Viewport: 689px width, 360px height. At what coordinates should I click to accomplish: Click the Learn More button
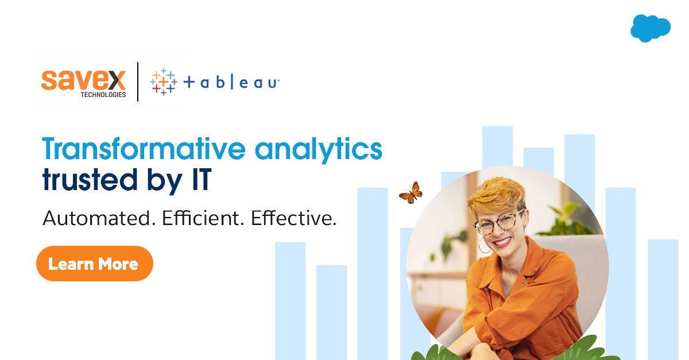(95, 264)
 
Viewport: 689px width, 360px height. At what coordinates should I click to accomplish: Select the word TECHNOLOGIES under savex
(103, 94)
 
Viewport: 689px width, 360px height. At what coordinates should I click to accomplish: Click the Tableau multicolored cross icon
(164, 82)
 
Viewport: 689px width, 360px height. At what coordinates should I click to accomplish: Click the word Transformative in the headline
(144, 149)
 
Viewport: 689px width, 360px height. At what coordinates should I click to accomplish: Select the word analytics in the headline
(319, 149)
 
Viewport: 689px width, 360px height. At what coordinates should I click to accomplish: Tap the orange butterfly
(411, 193)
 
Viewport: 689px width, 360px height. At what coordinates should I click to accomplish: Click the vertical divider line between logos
(138, 82)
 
